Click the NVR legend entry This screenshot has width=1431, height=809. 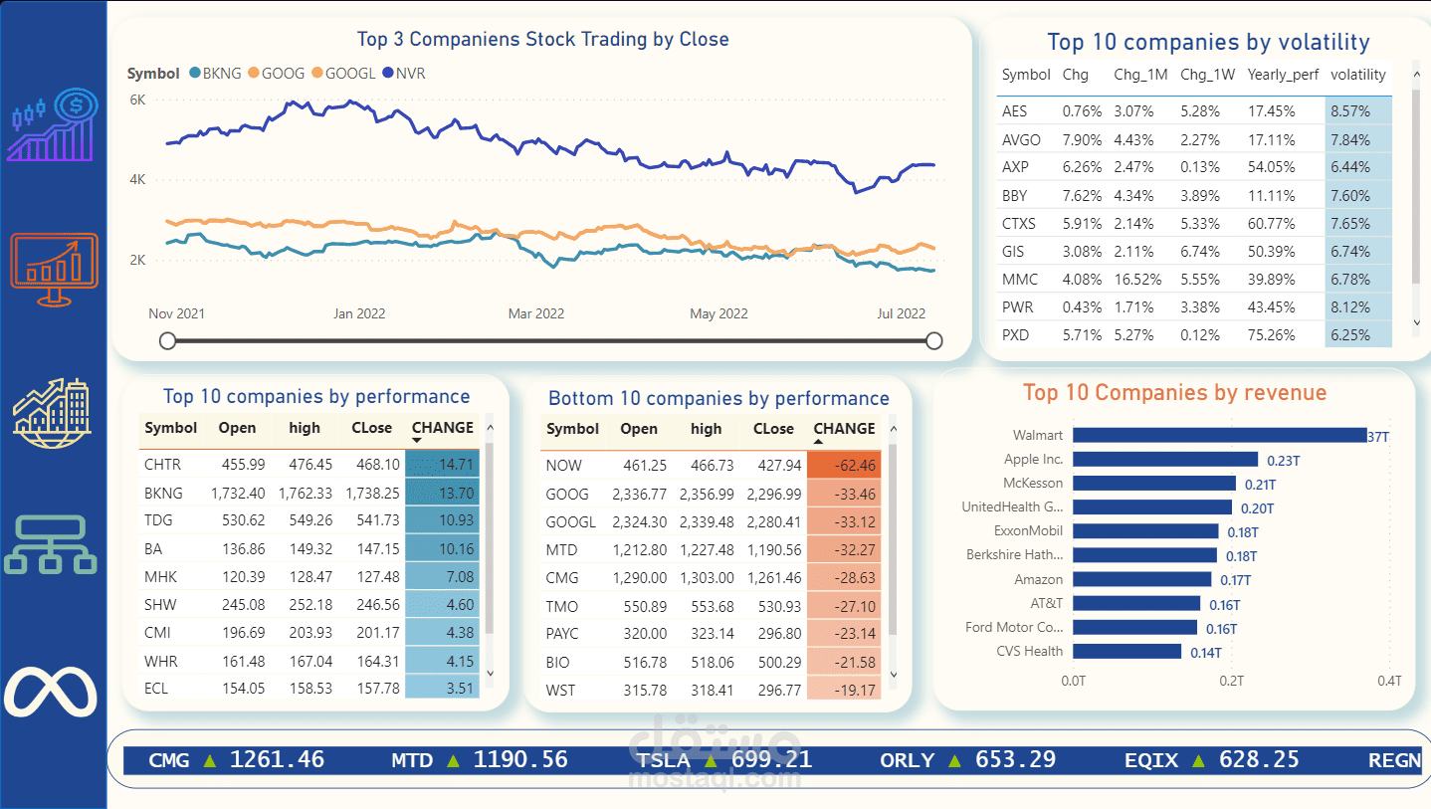click(x=409, y=74)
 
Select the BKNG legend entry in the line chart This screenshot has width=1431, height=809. click(x=220, y=74)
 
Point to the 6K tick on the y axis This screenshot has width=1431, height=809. click(x=137, y=100)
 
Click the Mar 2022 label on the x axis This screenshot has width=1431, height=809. click(x=535, y=313)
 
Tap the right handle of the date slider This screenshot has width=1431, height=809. click(x=933, y=341)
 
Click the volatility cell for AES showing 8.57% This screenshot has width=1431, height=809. click(x=1357, y=111)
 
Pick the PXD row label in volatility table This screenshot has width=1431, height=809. click(x=1015, y=335)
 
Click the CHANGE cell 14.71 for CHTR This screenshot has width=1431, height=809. click(x=442, y=465)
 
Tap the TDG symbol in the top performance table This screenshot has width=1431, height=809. click(x=159, y=520)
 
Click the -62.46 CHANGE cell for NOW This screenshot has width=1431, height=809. click(x=843, y=466)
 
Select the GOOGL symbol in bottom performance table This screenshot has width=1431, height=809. click(x=570, y=522)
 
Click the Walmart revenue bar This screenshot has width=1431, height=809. click(x=1219, y=435)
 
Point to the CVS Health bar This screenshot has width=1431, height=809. click(x=1127, y=652)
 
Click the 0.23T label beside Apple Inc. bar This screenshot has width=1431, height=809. click(x=1283, y=461)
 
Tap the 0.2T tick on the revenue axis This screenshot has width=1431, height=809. click(x=1232, y=681)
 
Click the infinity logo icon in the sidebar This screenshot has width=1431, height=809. click(x=51, y=692)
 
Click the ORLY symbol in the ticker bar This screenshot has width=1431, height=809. click(x=907, y=761)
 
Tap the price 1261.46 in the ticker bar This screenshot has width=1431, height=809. click(x=277, y=760)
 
